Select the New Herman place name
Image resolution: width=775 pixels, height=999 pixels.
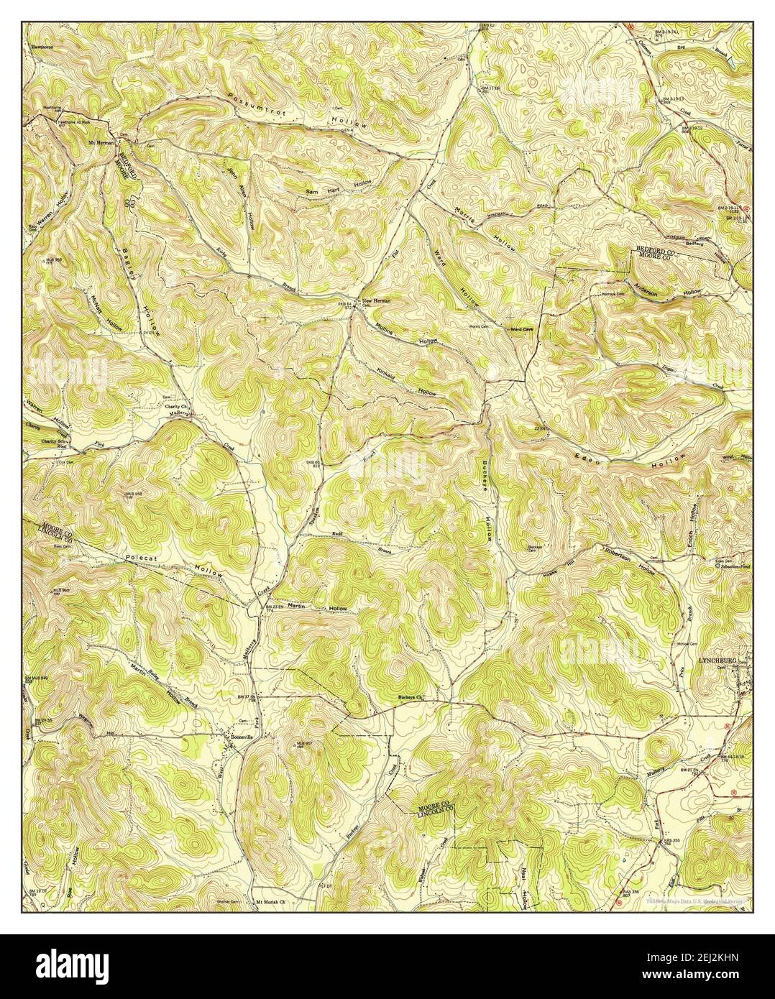(x=376, y=300)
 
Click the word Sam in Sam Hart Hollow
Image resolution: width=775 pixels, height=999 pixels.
(x=311, y=192)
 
